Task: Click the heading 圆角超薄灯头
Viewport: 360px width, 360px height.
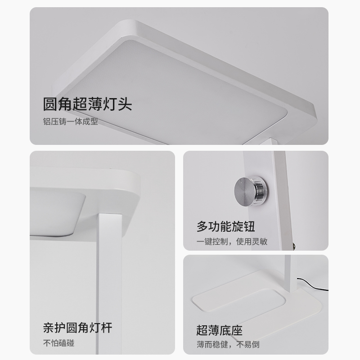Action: point(87,104)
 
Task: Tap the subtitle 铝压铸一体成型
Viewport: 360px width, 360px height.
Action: point(71,121)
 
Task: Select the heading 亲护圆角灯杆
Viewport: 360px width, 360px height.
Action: point(77,328)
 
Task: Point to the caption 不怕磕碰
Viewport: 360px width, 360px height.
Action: point(59,343)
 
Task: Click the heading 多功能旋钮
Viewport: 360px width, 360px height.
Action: point(226,227)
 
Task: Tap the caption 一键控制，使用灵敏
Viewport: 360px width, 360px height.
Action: point(232,242)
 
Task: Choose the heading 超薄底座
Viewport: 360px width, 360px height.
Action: point(220,330)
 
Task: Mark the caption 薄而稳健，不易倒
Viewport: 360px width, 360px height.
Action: point(228,344)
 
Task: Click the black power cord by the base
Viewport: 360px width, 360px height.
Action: point(312,284)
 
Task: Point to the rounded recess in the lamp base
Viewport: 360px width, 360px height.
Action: point(239,300)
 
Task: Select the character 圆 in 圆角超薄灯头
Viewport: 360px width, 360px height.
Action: point(50,104)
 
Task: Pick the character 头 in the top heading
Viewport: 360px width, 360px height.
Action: point(125,104)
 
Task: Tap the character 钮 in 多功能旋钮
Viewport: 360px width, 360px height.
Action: point(249,227)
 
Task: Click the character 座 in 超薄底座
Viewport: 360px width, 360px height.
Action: point(237,330)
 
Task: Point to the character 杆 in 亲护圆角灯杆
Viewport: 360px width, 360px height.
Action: point(107,328)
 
